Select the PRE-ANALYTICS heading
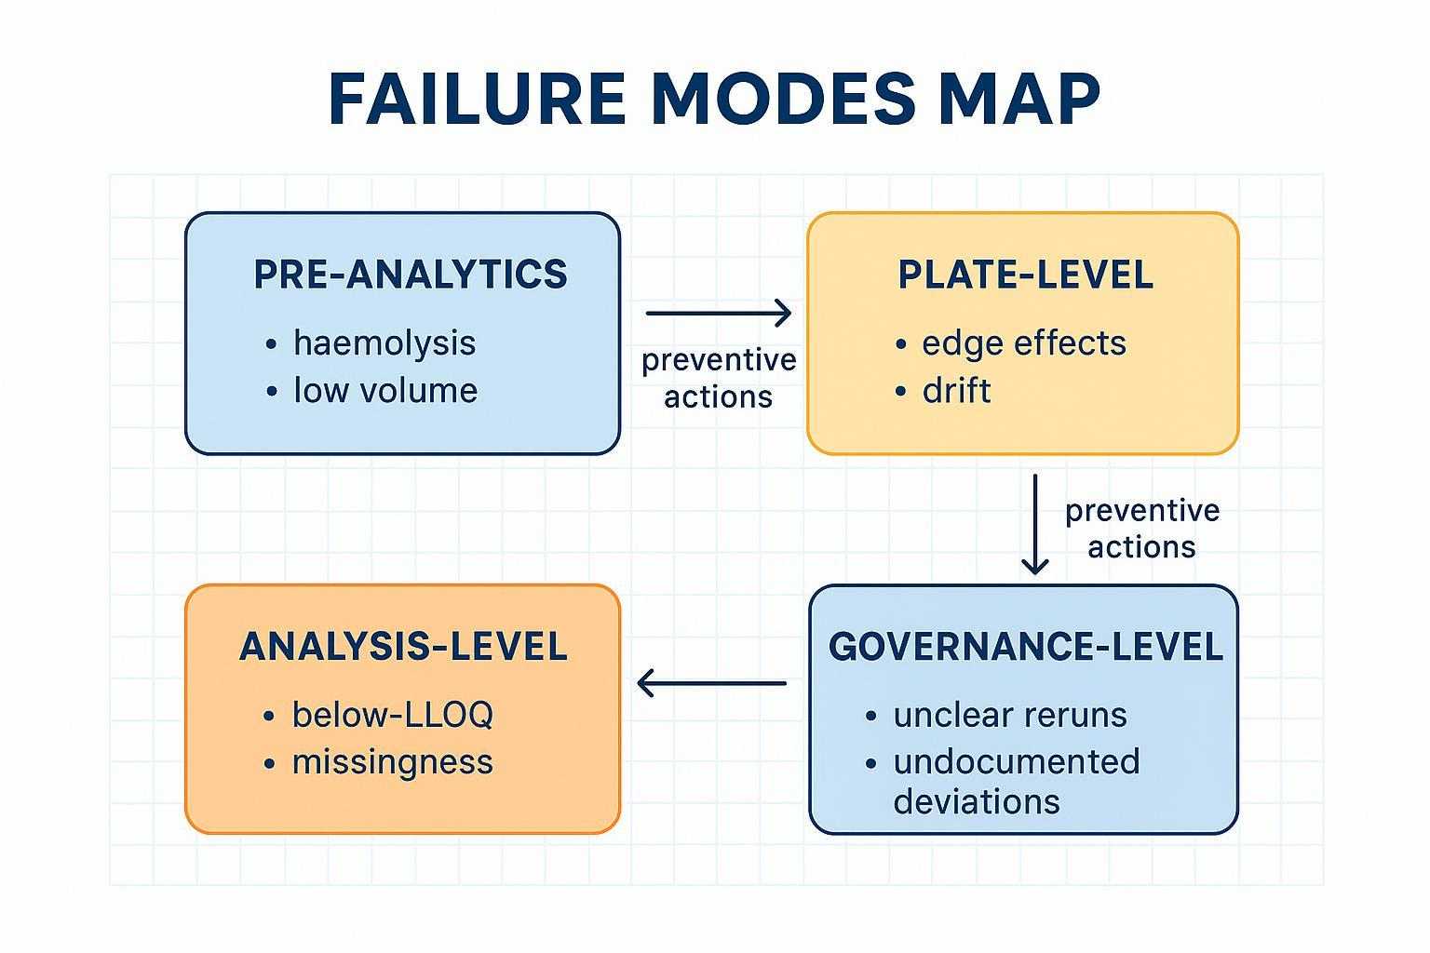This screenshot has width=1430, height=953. click(x=410, y=275)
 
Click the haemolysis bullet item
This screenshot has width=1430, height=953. click(x=384, y=343)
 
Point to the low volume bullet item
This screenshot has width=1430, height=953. click(x=384, y=391)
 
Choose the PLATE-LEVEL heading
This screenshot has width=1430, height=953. click(x=1025, y=275)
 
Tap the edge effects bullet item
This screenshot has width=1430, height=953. click(x=1023, y=343)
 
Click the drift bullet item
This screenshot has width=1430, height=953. click(x=956, y=391)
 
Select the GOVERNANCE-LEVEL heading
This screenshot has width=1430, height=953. click(x=1025, y=647)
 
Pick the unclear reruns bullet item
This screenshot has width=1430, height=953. click(x=1009, y=716)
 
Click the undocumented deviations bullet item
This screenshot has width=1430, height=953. click(x=1015, y=782)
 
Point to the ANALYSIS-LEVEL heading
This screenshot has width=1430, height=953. click(x=403, y=647)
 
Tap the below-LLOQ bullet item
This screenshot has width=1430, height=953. click(x=392, y=716)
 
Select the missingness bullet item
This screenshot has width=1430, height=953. click(x=392, y=763)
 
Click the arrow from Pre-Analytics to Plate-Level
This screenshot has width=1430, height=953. click(x=718, y=314)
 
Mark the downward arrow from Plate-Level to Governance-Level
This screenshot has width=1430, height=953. click(x=1034, y=524)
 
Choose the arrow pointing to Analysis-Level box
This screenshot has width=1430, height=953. click(x=712, y=684)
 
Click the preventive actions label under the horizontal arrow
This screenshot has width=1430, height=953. click(x=719, y=379)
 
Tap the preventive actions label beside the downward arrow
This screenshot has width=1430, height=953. click(x=1141, y=529)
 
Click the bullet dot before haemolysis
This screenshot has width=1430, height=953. click(x=271, y=344)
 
